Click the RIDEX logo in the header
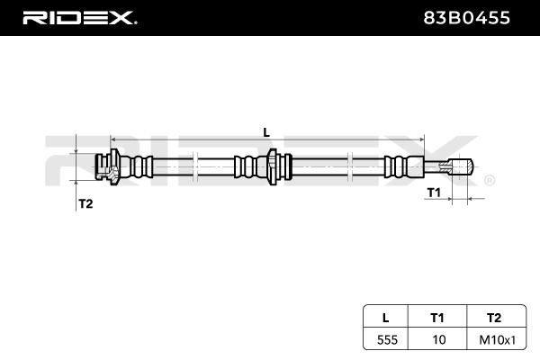pos(79,18)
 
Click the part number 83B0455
pos(466,18)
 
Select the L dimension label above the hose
pos(266,132)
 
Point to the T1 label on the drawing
pos(434,193)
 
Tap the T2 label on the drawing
pos(85,204)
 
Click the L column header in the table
pos(386,318)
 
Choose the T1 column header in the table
pos(437,318)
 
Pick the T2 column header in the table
pos(494,318)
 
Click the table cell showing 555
pos(387,340)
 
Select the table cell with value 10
pos(439,340)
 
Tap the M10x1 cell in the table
pos(498,340)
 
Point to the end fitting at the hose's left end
pos(103,166)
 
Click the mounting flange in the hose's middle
pos(273,166)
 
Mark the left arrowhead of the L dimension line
pos(112,139)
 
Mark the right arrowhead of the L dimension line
pos(422,139)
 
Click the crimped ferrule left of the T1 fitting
pos(403,166)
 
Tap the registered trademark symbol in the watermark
pos(490,180)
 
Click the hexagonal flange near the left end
pos(114,166)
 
